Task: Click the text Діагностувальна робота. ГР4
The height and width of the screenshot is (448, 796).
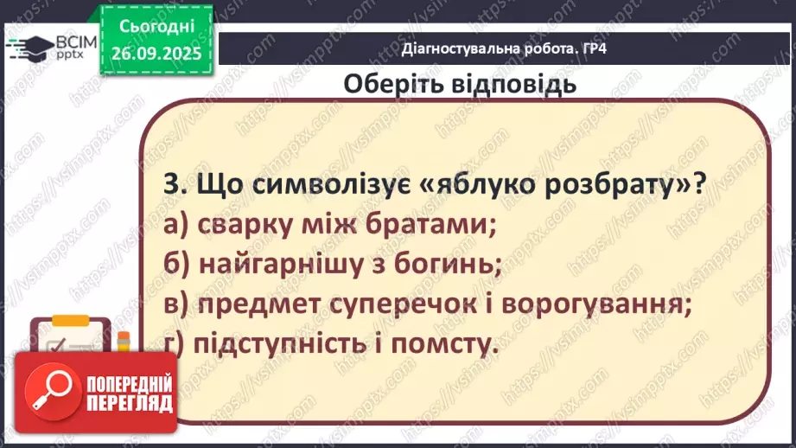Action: [505, 48]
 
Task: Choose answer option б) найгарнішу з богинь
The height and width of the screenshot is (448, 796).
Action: [332, 265]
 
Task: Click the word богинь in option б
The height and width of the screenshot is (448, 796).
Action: [455, 265]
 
